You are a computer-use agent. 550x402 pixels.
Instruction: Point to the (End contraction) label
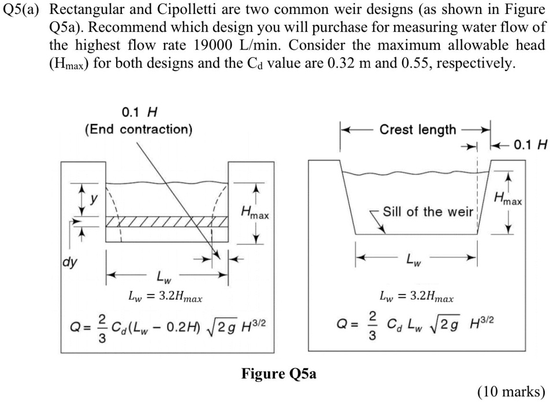pos(139,129)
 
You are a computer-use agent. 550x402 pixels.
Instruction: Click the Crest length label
pos(417,130)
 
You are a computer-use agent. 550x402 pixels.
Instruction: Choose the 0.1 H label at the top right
pos(529,144)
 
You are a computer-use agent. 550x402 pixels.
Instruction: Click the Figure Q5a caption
pos(278,374)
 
